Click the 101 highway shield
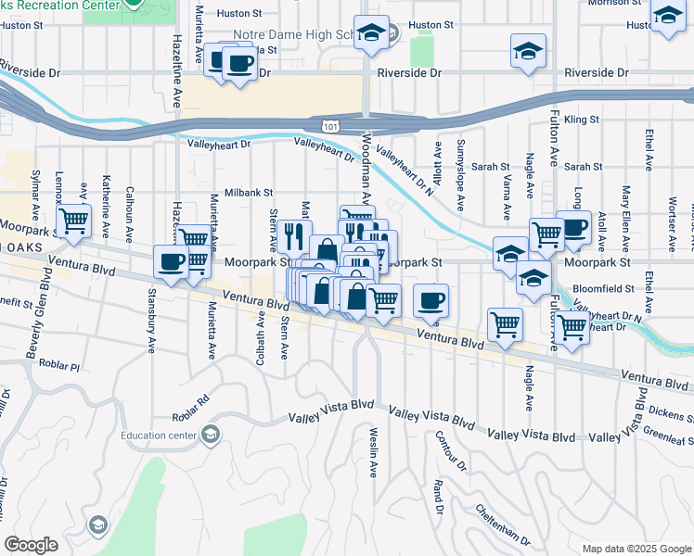coord(331,124)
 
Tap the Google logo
coord(31,545)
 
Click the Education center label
coord(160,434)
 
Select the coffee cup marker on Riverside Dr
coord(240,64)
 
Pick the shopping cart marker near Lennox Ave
coord(73,221)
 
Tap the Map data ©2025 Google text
coord(635,549)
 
